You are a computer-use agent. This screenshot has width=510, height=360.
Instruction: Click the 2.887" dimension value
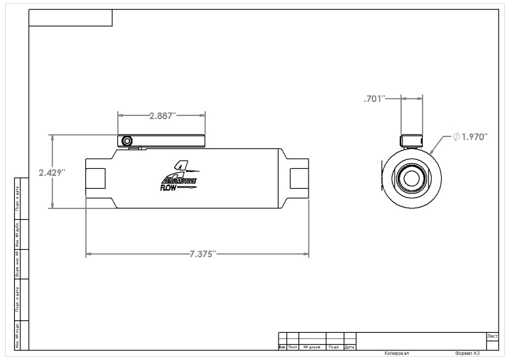(x=162, y=115)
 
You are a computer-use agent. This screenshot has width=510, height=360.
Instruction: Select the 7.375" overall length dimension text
(x=203, y=254)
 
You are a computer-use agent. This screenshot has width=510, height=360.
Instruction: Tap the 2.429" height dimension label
(x=52, y=173)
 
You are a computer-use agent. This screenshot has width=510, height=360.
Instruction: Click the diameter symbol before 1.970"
(x=456, y=136)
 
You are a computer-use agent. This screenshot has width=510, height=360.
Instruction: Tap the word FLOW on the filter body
(x=169, y=187)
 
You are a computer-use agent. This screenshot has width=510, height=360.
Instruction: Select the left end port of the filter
(x=96, y=178)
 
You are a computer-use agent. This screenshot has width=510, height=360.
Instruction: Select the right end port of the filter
(x=299, y=178)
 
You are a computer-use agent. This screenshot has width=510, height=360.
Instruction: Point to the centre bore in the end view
(x=411, y=178)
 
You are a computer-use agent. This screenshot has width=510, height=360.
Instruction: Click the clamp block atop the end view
(x=411, y=141)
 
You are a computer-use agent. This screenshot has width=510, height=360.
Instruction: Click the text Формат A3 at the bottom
(x=467, y=353)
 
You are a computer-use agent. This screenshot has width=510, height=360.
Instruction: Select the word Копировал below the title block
(x=396, y=353)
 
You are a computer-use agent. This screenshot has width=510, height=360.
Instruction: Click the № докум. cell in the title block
(x=312, y=347)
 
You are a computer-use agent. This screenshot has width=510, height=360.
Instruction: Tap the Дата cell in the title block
(x=349, y=347)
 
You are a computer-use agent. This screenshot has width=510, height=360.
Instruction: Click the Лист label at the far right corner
(x=492, y=335)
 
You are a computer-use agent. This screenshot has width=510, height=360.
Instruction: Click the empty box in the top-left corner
(x=71, y=18)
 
